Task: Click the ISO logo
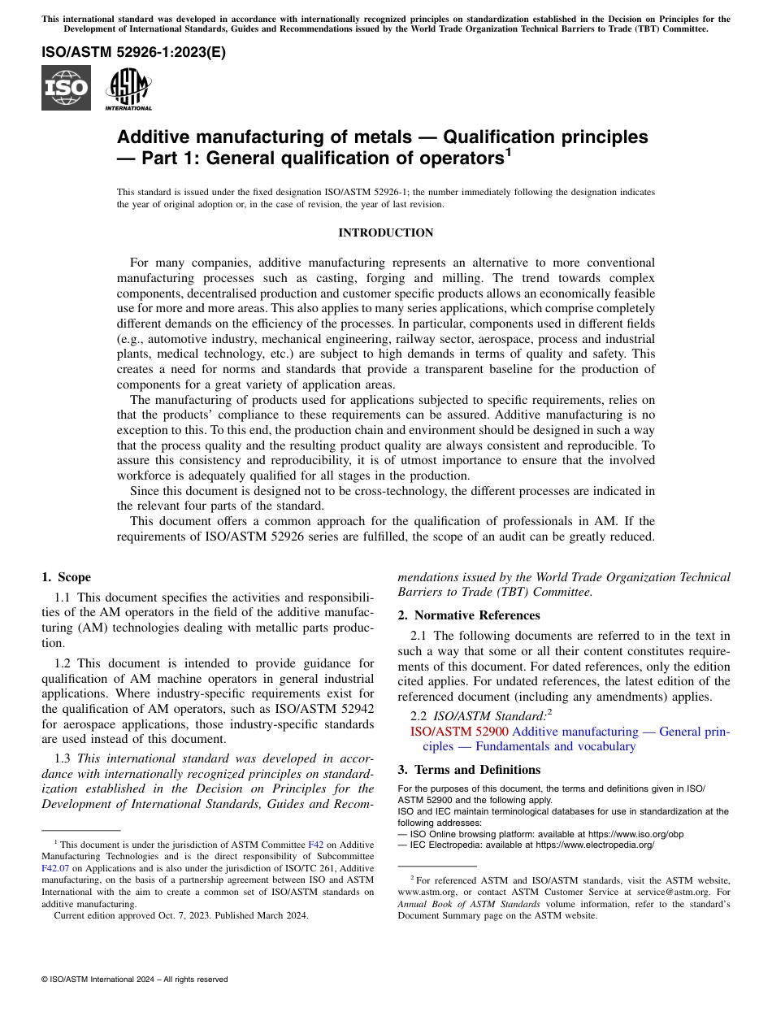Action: coord(66,88)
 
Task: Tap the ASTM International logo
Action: coord(128,88)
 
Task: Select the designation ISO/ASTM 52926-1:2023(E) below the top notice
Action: coord(133,53)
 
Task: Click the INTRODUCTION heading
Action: coord(385,233)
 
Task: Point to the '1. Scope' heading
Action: coord(66,577)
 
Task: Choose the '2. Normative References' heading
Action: coord(469,615)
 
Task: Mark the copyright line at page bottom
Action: coord(135,980)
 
